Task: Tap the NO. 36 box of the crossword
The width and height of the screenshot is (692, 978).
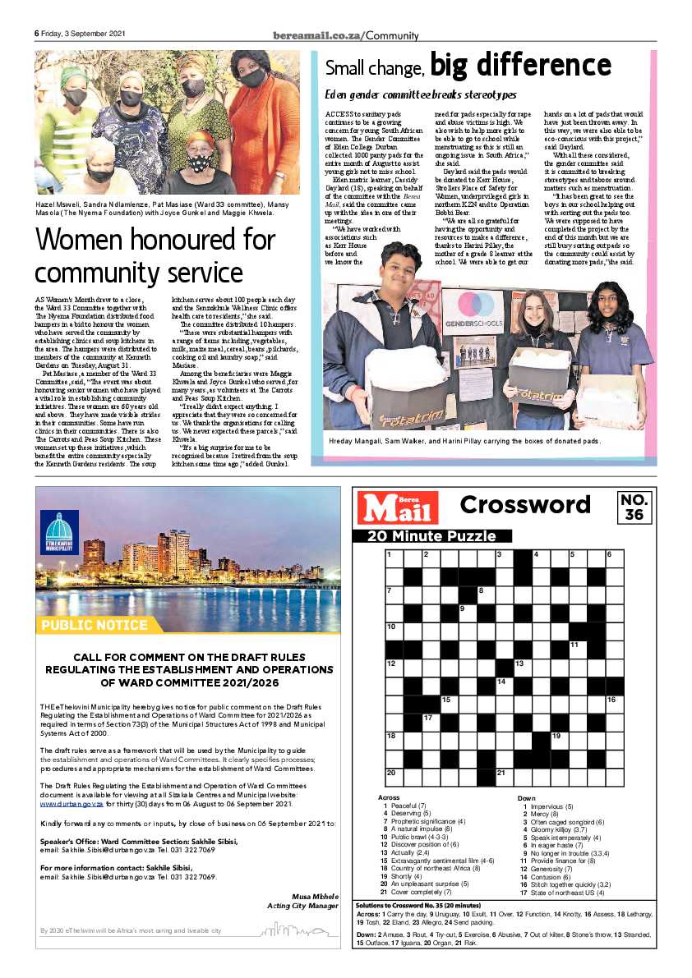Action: (x=634, y=507)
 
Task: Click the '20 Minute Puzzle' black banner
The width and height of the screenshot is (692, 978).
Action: (x=432, y=536)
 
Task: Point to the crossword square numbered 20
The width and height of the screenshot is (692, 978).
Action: (x=394, y=776)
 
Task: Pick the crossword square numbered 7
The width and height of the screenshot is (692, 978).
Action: (x=394, y=594)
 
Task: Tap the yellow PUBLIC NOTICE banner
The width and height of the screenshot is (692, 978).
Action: (x=93, y=625)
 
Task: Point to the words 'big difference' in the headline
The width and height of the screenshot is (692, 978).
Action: (x=521, y=66)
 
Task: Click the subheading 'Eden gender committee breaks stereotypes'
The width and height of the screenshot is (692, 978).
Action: (x=420, y=95)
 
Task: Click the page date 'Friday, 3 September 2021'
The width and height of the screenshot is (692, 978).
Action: (x=83, y=34)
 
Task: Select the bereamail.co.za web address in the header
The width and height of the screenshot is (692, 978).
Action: (x=318, y=35)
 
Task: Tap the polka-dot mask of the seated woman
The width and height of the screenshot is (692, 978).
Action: (x=200, y=163)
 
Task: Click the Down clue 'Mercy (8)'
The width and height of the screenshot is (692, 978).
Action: (x=539, y=815)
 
